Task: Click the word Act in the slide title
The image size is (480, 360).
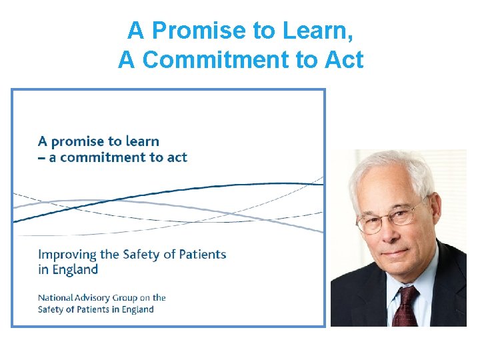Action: click(342, 59)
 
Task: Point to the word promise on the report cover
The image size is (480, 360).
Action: click(83, 141)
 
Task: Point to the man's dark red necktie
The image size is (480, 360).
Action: click(405, 307)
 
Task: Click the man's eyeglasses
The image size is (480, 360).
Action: click(392, 217)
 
